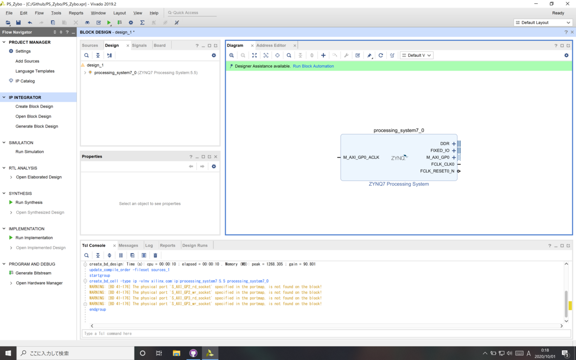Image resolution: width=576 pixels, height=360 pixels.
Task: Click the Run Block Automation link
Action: coord(313,66)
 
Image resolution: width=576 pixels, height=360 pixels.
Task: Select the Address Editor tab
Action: coord(271,45)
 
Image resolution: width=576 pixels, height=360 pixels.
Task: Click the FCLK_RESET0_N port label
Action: coord(437,171)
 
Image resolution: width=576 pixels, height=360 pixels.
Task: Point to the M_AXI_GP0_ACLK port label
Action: coord(361,157)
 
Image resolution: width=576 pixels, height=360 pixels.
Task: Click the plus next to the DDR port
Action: coord(454,144)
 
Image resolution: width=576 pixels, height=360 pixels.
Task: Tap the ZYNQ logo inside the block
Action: coord(399,157)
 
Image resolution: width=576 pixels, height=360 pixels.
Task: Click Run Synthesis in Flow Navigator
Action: coord(29,203)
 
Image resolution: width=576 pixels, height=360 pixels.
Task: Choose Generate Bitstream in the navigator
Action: coord(33,273)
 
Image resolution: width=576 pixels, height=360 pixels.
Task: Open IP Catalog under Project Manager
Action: coord(25,81)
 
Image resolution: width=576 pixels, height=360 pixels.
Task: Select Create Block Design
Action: coord(34,107)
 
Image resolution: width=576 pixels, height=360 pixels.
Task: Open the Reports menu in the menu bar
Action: coord(76,13)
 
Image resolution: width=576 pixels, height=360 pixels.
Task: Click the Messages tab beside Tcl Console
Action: coord(128,245)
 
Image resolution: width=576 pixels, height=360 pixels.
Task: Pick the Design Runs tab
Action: coord(195,245)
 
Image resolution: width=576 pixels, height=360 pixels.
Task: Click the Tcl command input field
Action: coord(326,333)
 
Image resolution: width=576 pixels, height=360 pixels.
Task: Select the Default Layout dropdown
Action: coord(543,23)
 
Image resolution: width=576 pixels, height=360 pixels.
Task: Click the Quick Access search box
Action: coord(192,12)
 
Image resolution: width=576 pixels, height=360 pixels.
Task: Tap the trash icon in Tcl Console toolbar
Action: coord(156,255)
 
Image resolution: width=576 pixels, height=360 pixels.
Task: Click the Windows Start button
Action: coord(8,353)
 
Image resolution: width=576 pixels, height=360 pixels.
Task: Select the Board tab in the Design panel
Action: coord(160,45)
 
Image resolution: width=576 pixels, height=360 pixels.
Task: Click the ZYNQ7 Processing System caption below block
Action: coord(399,184)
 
